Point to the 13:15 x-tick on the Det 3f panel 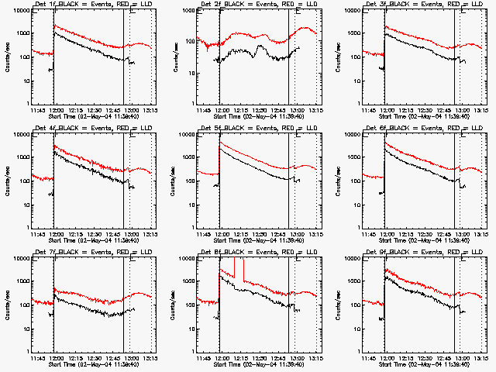482,110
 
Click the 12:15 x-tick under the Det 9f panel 406,358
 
